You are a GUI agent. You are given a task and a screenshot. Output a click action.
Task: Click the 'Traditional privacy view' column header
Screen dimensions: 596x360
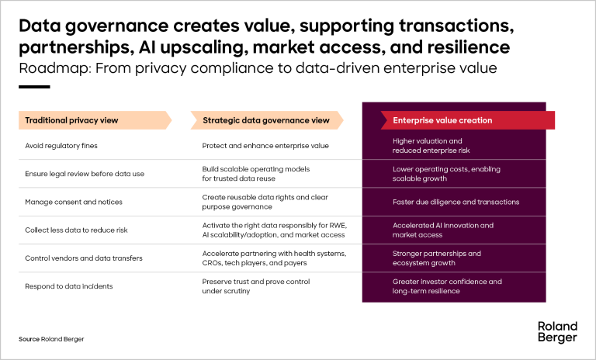point(95,120)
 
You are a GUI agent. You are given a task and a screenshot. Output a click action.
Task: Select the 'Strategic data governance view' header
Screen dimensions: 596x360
point(267,120)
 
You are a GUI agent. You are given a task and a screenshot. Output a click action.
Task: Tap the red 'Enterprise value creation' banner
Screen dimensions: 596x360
point(467,120)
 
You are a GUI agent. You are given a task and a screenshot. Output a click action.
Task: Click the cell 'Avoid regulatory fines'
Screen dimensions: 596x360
point(61,146)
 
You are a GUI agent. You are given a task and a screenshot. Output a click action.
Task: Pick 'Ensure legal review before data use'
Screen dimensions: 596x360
point(85,174)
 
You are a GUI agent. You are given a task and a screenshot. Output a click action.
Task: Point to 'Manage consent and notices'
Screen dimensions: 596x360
point(74,202)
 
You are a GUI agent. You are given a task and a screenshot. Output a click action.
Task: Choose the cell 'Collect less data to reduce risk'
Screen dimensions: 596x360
point(76,230)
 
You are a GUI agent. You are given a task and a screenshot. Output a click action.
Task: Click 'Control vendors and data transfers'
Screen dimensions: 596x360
point(84,258)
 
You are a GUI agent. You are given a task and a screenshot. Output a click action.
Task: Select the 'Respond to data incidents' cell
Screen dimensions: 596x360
point(69,286)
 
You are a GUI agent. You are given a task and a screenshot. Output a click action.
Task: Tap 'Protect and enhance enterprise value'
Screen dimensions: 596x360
point(265,146)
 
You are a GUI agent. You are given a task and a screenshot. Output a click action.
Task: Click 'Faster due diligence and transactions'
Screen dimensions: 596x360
point(456,202)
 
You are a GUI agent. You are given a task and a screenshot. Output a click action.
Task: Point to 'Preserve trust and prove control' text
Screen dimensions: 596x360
point(256,282)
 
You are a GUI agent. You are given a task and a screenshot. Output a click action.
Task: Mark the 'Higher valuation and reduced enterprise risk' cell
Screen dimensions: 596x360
point(431,146)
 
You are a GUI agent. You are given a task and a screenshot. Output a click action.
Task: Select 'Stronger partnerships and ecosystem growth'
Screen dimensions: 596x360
point(437,258)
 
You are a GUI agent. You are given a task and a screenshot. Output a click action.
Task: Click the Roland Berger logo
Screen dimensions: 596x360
point(557,332)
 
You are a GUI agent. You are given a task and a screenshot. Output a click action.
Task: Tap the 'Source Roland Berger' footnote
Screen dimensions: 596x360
point(51,339)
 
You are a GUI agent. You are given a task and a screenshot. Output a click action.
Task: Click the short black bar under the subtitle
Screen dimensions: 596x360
point(34,87)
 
